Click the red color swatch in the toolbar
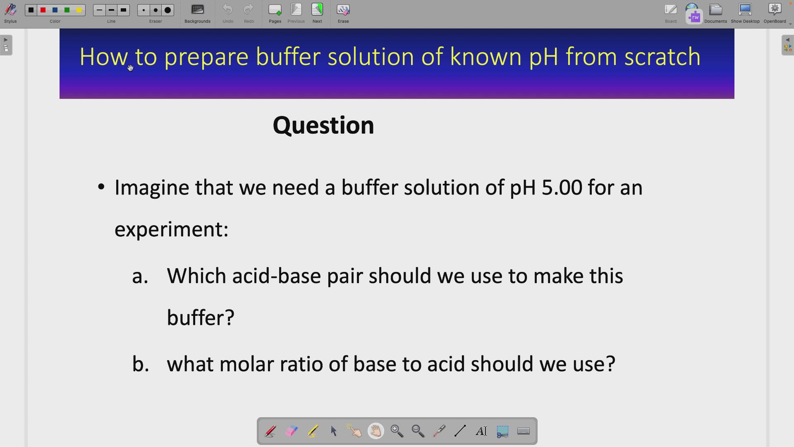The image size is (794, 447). point(43,10)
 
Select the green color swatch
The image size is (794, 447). point(67,10)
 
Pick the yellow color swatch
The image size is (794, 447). point(79,10)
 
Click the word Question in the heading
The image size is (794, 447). point(323,125)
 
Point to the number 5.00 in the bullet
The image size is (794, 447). point(562,187)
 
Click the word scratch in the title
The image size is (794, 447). point(662,57)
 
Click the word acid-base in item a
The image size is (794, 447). point(276,276)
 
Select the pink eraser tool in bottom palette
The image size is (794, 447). point(292,431)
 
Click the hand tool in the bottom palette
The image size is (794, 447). point(375,431)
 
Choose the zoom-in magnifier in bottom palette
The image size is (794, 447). point(397,431)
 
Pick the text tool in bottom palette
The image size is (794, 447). point(481,431)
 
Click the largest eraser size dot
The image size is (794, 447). point(167,10)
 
